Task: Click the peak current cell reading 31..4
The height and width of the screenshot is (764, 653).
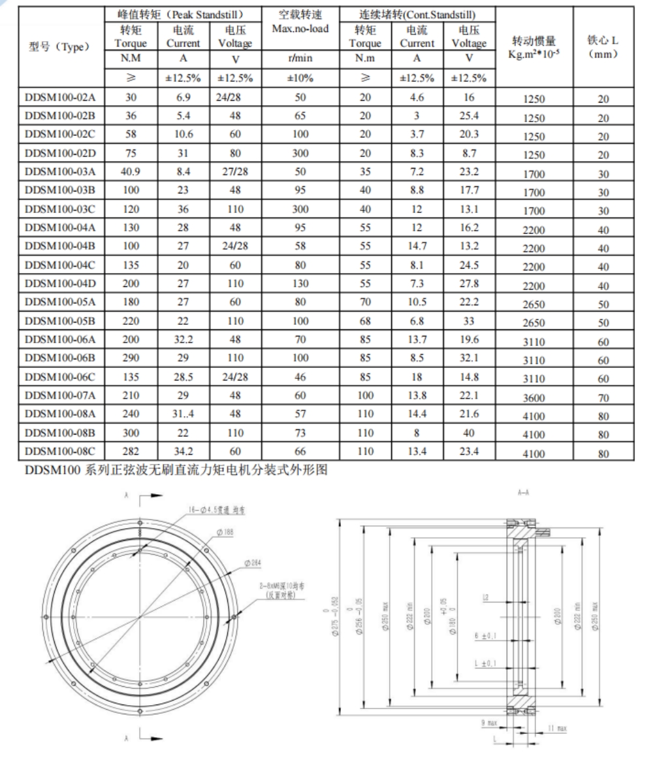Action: coord(183,414)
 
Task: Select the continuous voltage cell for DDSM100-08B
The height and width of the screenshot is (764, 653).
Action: coord(469,433)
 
